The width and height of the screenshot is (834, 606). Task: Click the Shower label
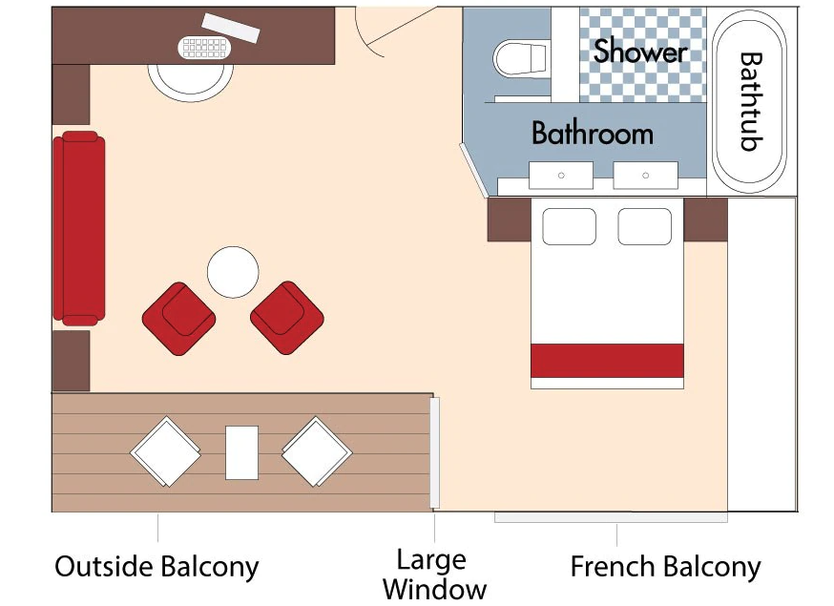tap(640, 52)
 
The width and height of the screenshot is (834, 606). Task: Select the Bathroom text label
tap(592, 133)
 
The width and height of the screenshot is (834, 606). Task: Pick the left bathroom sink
tap(561, 175)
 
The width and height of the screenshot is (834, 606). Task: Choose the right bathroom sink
tap(646, 175)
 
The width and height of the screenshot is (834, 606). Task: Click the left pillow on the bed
tap(569, 226)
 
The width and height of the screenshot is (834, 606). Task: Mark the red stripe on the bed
tap(607, 361)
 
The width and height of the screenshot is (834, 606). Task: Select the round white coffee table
tap(233, 272)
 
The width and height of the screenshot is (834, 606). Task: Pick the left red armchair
tap(179, 319)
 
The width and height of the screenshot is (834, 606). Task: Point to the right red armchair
tap(286, 319)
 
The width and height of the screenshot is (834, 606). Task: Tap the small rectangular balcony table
tap(241, 451)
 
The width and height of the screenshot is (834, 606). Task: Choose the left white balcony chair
tap(165, 451)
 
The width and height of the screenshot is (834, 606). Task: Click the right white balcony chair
tap(318, 451)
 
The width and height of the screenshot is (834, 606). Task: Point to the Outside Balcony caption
tap(156, 567)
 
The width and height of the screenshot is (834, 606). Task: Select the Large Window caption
tap(433, 574)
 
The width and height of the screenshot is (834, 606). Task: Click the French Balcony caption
tap(665, 567)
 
